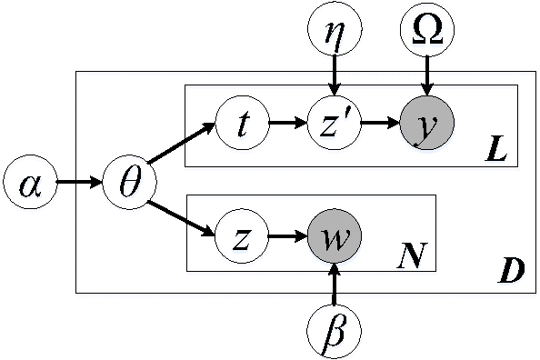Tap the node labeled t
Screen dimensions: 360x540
tap(243, 124)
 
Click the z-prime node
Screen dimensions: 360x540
tap(335, 124)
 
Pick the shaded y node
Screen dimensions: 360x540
tap(425, 124)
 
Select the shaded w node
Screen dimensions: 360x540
tap(335, 240)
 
